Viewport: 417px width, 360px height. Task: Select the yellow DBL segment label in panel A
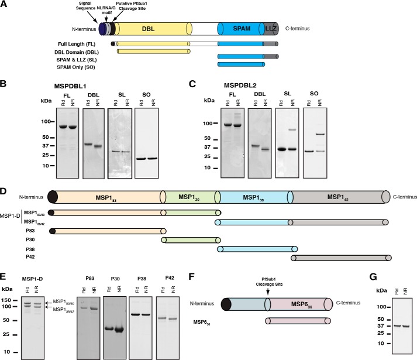click(151, 28)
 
